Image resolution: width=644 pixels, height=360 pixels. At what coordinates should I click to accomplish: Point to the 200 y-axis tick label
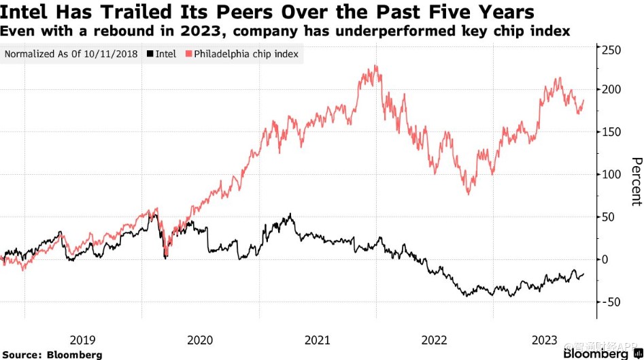(x=611, y=90)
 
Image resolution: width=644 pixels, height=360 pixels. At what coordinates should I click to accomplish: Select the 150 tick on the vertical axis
(x=611, y=132)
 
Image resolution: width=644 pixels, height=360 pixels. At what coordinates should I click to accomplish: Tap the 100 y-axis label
(x=611, y=174)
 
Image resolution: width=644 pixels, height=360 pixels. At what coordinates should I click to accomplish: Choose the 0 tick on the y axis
(x=605, y=259)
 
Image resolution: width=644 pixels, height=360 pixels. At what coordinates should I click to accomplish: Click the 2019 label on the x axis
(x=83, y=340)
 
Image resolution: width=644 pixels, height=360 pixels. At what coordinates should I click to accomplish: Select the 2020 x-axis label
(x=200, y=340)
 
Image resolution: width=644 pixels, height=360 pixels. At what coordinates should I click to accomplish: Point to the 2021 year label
(x=317, y=340)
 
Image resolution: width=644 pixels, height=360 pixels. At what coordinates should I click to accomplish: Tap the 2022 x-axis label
(x=434, y=340)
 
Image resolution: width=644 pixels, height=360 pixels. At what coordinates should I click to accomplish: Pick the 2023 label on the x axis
(x=545, y=340)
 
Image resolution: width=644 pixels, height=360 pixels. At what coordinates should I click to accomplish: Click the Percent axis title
(x=636, y=181)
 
